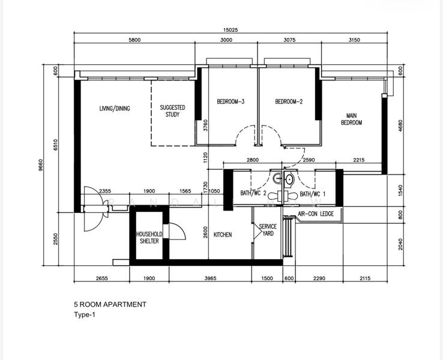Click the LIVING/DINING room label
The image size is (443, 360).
pos(115,109)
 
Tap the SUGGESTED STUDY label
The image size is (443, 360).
pos(172,111)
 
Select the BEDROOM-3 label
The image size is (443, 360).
pos(230,101)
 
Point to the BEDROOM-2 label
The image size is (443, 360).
pos(289,101)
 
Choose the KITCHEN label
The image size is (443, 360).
pos(222,235)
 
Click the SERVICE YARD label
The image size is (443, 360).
pos(268,230)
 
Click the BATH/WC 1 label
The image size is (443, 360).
pos(313,194)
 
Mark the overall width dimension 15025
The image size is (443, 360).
pos(231,31)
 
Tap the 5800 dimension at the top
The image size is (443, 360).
pos(134,41)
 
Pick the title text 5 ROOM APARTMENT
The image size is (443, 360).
pos(109,304)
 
